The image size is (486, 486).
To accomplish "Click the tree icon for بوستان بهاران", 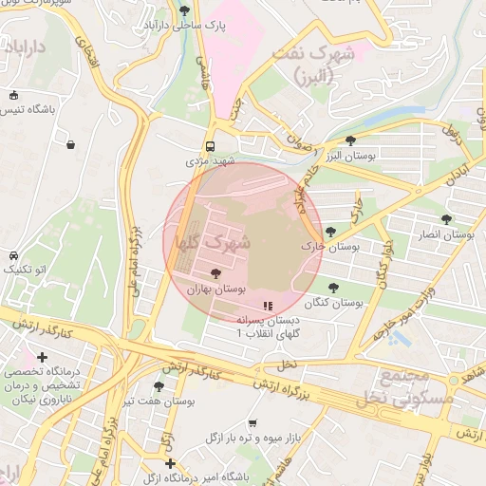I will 215,273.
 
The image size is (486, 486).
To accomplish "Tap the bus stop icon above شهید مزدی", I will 210,147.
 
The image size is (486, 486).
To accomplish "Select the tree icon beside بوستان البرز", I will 351,140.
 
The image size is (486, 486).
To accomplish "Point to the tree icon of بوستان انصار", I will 446,219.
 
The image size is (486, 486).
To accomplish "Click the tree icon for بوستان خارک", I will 330,232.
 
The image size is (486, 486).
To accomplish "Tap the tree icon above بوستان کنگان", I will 333,288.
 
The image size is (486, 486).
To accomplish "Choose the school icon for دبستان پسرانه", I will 269,307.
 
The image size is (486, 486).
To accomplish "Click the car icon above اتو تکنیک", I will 13,256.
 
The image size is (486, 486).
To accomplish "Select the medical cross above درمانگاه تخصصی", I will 42,356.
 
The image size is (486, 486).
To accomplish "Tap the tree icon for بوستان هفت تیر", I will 159,386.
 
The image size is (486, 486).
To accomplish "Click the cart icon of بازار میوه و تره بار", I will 252,423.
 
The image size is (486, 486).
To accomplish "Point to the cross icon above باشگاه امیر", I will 170,463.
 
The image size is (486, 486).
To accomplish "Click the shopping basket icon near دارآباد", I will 71,144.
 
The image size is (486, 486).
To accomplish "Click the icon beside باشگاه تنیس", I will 13,95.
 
